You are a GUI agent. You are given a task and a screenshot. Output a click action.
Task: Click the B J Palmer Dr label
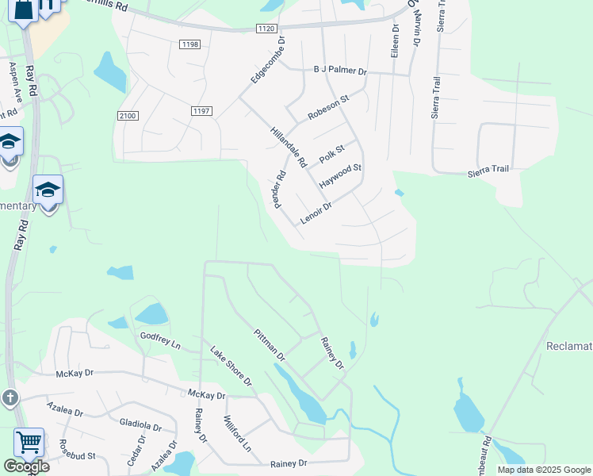coord(341,71)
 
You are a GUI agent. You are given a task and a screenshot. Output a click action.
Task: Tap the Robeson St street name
coord(328,107)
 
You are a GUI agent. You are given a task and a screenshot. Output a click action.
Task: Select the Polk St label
coord(332,154)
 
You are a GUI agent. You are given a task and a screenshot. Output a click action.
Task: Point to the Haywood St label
coord(340,175)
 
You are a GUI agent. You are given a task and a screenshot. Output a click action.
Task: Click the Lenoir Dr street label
coord(316,213)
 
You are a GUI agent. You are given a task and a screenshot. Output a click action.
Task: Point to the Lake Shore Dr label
coord(231,366)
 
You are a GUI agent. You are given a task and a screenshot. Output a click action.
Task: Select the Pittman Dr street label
coord(270,345)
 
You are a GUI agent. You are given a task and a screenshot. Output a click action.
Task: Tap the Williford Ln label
coord(237,434)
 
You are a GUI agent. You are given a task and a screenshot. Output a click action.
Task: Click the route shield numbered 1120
coord(267,29)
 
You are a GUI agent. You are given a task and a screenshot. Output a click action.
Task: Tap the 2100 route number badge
coord(128,116)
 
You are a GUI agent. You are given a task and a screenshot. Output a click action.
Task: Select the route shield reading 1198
coord(189,44)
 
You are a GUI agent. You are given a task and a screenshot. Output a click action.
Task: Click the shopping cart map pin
coord(29,442)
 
